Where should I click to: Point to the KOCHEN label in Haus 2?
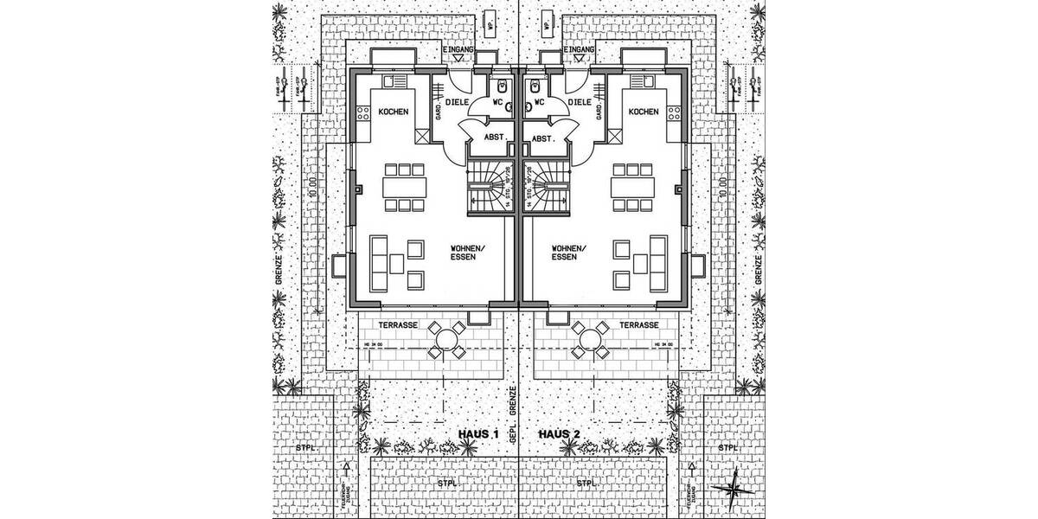[x=644, y=112]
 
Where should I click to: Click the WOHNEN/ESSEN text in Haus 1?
[x=468, y=253]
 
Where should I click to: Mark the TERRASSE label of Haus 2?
[x=641, y=325]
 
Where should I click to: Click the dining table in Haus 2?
[x=631, y=186]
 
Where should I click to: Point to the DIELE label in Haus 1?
[x=458, y=101]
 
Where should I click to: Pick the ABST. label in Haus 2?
[x=542, y=138]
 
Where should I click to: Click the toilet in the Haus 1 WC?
[x=502, y=87]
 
